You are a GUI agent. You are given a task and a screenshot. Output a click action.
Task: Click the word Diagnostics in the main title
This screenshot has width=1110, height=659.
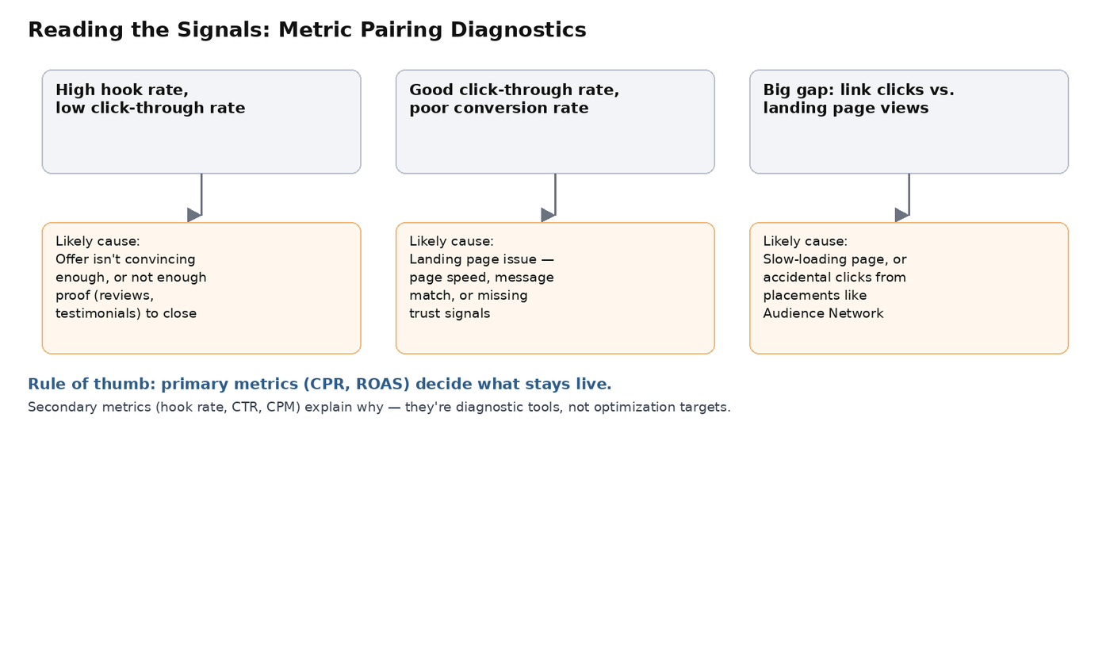click(519, 29)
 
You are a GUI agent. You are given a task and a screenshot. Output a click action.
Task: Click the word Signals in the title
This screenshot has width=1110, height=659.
click(224, 29)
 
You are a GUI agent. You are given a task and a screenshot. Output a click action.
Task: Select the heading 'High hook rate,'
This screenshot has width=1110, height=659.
click(122, 90)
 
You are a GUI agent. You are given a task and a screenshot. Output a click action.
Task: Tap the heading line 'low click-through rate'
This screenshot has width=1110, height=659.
click(150, 108)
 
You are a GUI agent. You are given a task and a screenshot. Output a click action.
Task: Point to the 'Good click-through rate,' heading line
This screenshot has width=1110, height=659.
click(515, 90)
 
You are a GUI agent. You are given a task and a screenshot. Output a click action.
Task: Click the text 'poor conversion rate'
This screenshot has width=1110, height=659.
click(499, 108)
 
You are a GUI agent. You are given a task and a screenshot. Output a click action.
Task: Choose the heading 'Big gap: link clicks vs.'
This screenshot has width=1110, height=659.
click(859, 90)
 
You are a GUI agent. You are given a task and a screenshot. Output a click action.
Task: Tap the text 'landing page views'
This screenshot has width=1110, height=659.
click(846, 108)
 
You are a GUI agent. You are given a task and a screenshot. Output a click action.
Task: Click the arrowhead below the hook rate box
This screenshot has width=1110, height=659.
click(194, 215)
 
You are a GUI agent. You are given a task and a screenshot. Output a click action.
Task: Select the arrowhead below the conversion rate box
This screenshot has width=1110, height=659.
click(548, 215)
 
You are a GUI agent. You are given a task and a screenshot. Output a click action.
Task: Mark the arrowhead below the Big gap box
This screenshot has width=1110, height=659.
click(902, 215)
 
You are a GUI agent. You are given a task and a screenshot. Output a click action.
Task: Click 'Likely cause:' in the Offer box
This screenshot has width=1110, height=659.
click(98, 241)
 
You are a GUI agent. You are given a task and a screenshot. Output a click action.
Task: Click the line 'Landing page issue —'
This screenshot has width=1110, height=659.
click(482, 259)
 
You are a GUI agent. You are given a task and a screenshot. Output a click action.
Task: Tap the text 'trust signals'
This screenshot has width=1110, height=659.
click(450, 314)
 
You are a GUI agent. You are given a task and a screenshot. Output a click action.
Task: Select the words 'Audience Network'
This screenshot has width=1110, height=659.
click(823, 314)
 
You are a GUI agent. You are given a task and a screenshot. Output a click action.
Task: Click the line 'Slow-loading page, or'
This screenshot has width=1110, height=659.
click(835, 259)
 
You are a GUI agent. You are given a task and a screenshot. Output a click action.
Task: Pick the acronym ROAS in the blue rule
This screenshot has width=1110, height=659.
click(382, 384)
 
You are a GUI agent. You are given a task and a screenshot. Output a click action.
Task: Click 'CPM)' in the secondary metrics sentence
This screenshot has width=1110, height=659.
click(284, 408)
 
